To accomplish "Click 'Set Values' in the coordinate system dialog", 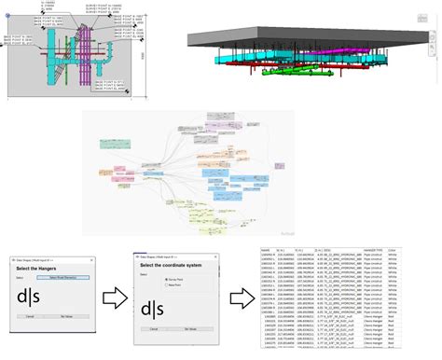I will click(x=189, y=329).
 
